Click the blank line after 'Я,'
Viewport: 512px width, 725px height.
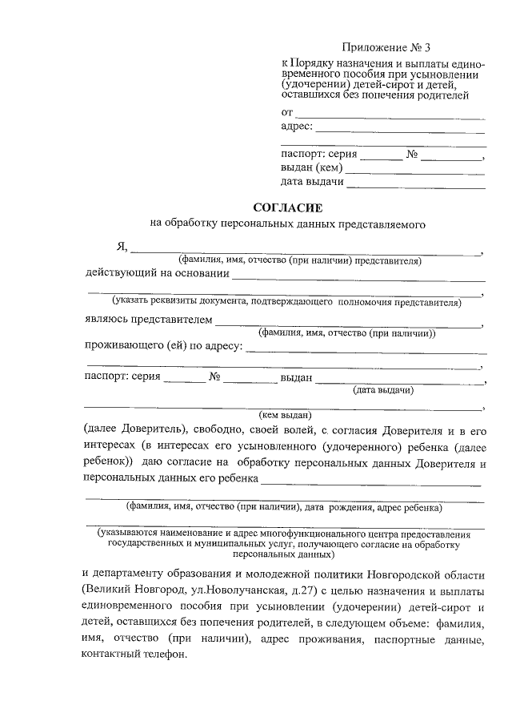tap(306, 252)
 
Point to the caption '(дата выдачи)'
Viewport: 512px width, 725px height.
tap(382, 390)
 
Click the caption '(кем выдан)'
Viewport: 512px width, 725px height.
tap(285, 415)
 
